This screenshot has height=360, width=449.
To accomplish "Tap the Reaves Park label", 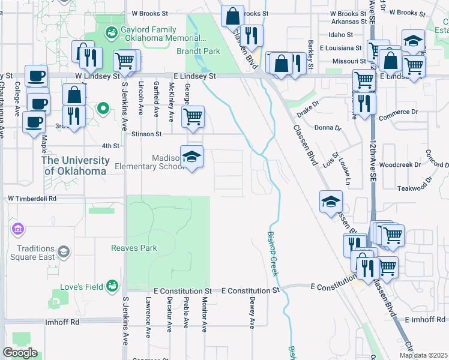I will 134,248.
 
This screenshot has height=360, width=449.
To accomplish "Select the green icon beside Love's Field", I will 112,287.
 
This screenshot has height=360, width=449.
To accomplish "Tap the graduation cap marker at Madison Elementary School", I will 192,158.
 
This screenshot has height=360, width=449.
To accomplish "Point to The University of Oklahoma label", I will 75,165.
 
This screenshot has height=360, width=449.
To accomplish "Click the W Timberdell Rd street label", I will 32,198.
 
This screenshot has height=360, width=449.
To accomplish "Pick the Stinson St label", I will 151,134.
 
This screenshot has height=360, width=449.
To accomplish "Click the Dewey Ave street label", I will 252,313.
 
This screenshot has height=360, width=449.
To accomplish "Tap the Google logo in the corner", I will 20,353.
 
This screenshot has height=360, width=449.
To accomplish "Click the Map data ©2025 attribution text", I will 423,355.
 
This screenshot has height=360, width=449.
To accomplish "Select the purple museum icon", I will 17,229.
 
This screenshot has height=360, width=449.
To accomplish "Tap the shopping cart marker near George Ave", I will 192,118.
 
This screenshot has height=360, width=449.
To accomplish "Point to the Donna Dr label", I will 328,128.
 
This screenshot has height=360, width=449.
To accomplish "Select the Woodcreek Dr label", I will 398,164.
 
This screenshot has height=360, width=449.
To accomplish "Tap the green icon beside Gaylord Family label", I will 111,34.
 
